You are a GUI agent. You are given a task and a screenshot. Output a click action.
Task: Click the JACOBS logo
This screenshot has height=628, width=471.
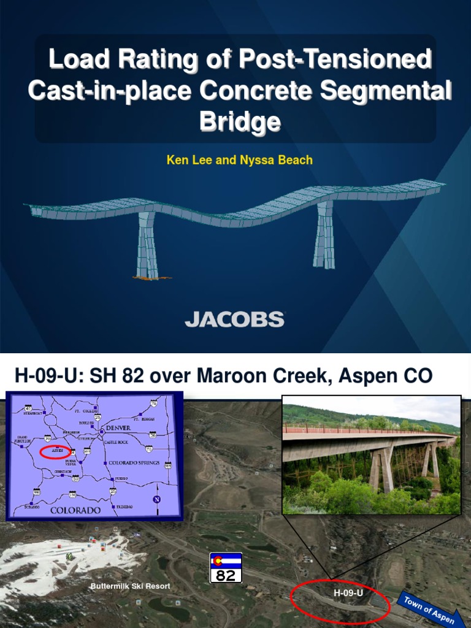tap(235, 319)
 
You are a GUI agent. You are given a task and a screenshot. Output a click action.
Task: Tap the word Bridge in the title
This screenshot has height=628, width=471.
tap(240, 121)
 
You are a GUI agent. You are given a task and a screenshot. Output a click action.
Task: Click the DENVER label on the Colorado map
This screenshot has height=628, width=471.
tap(118, 427)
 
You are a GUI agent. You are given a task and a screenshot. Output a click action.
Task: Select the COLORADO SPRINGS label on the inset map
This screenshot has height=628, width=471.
tap(134, 462)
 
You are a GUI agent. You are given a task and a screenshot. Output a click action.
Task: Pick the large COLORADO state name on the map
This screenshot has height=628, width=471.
tap(75, 510)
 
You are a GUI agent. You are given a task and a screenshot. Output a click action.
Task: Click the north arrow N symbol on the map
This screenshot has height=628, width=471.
tap(158, 498)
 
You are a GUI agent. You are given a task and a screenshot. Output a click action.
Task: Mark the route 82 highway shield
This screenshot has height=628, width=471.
tap(226, 569)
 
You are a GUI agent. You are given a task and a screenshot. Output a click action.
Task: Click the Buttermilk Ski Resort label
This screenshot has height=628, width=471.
tap(130, 586)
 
